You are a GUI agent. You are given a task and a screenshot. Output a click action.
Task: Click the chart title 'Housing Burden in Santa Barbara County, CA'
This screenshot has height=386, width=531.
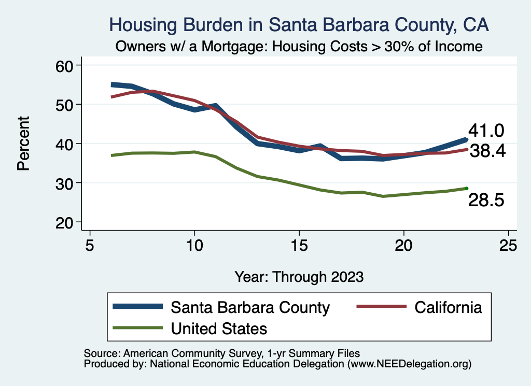tap(299, 25)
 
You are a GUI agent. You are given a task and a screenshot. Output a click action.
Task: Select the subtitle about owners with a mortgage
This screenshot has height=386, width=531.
tap(299, 46)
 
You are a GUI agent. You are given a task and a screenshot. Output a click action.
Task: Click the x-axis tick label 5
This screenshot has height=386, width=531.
tap(90, 245)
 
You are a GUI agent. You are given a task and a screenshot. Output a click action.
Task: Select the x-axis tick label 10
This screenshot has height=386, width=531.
tap(194, 245)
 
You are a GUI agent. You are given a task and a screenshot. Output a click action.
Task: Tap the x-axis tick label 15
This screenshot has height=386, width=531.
tap(299, 245)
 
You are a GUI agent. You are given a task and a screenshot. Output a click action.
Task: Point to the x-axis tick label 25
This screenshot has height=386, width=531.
tap(508, 245)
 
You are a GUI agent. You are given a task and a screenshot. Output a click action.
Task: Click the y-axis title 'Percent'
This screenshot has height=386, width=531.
tap(23, 144)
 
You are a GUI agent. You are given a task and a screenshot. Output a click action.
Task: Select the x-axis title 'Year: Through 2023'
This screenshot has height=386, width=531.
tap(299, 276)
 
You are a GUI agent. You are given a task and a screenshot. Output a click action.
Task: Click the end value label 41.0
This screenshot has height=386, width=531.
tap(486, 131)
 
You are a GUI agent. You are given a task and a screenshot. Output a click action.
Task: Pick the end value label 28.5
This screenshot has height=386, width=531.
tap(486, 201)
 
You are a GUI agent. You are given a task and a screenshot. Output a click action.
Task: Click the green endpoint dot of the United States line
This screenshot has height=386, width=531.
tap(467, 188)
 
